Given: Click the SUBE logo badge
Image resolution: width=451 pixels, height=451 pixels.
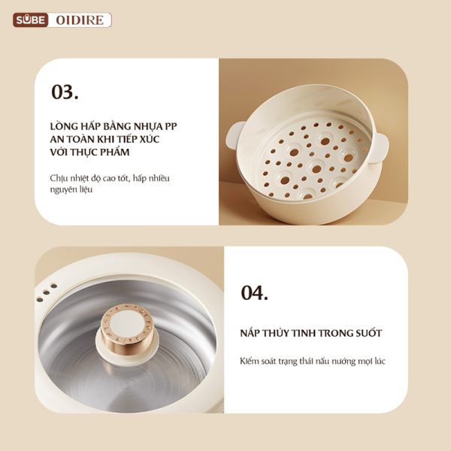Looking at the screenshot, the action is coord(30,20).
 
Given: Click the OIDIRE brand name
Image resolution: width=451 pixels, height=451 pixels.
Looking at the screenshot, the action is coord(80,20).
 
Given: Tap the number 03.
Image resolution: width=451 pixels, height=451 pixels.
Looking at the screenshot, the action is coord(65,92).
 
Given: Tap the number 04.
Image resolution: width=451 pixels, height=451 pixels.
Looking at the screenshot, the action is coord(254,293).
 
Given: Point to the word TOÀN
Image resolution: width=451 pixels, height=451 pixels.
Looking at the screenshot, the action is coord(77,139).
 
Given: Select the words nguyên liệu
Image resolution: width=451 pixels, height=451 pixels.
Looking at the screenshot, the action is coord(71,189).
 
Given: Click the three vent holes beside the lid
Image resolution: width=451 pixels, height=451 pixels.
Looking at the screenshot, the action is coord(47,293).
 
